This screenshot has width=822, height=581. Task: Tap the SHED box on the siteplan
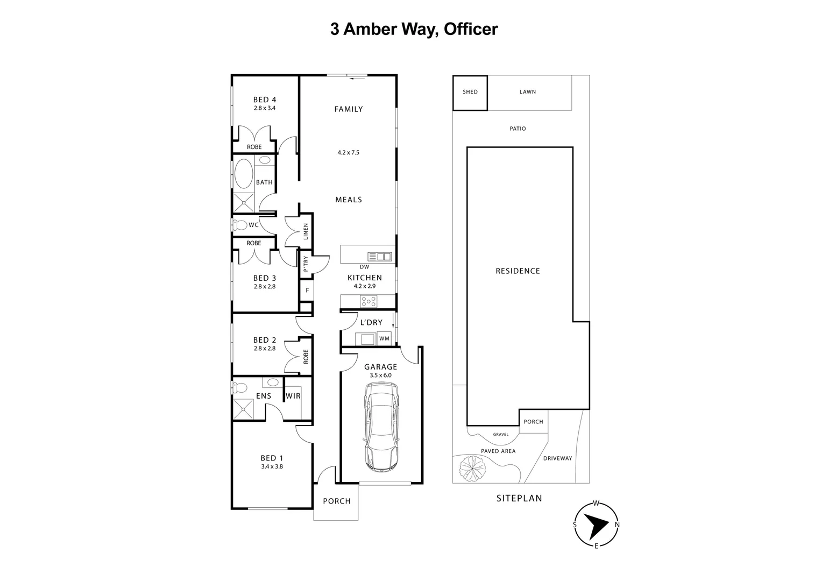point(470,93)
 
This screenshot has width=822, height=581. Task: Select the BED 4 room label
point(264,100)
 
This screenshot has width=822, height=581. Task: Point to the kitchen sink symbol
point(380,257)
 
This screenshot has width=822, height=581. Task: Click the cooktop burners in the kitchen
point(369,301)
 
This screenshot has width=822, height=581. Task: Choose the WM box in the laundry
point(384,338)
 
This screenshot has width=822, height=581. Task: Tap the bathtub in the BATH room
point(243,173)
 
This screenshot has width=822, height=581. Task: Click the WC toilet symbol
point(239,225)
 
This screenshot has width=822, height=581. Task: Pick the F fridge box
point(307,290)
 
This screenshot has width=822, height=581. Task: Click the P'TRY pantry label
point(306,264)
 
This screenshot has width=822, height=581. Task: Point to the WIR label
point(293,396)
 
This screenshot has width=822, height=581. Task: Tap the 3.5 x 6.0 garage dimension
point(381,375)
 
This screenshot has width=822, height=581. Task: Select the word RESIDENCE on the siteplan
point(518,271)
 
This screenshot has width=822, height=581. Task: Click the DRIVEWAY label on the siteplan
point(557,458)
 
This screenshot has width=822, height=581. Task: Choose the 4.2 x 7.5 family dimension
point(348,153)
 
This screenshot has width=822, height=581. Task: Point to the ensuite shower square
point(245,409)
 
